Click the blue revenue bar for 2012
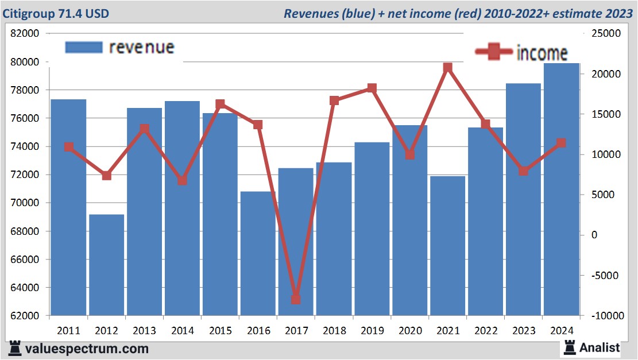(106, 265)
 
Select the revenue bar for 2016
(258, 253)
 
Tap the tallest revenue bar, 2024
(561, 189)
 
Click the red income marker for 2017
(296, 299)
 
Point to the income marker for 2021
(448, 68)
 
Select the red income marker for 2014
(182, 180)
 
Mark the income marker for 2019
(372, 88)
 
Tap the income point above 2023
(524, 171)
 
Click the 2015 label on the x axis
(220, 331)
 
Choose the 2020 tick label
(410, 331)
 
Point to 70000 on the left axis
(25, 203)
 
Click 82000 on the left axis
(25, 33)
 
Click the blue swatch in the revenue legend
(84, 47)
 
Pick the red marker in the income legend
(494, 52)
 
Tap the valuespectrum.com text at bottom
(86, 349)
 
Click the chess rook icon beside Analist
(570, 347)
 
